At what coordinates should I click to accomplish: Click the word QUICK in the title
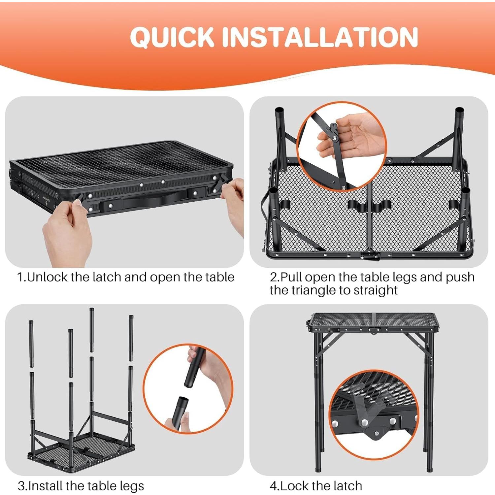click(x=172, y=37)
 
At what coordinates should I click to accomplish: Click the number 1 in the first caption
click(x=20, y=277)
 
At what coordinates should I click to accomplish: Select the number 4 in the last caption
click(x=273, y=486)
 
